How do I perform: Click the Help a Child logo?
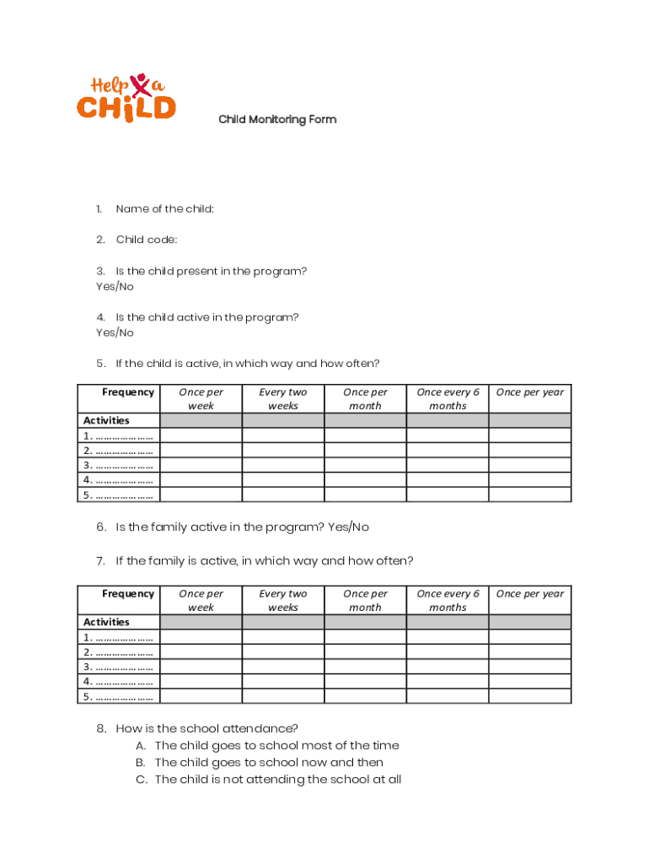126,97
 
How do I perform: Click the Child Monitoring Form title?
277,119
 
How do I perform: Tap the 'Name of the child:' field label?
164,208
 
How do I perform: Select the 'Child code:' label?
147,240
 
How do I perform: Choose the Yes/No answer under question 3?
115,286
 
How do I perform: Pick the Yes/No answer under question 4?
115,332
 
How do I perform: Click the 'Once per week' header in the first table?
201,398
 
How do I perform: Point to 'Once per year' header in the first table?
530,392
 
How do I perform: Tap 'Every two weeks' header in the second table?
283,600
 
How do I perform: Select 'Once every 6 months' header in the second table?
448,600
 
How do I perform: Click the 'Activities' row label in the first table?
106,420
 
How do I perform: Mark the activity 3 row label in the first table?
118,465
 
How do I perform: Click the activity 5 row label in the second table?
118,696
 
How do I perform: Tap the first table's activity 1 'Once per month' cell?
365,435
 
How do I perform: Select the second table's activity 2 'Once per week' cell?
201,652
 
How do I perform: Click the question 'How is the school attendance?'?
206,728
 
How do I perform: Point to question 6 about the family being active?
242,527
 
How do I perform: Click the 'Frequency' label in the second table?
128,593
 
